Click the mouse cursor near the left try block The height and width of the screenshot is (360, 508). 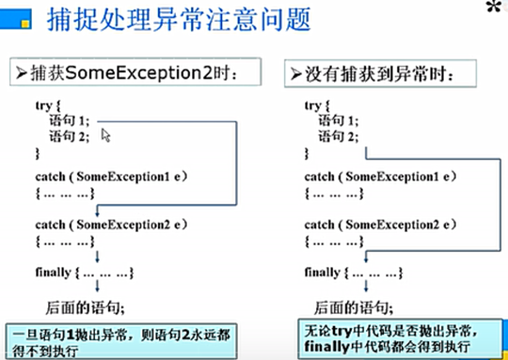point(105,135)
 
